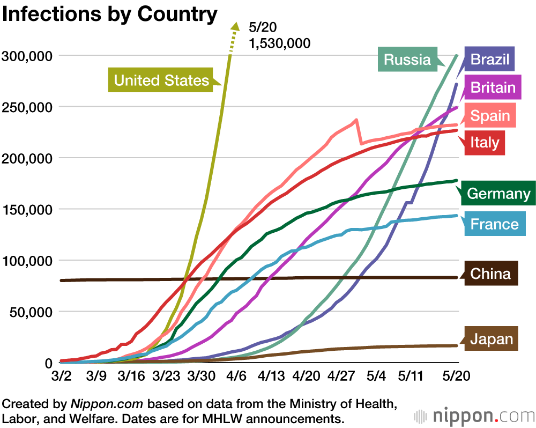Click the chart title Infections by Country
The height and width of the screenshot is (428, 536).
110,14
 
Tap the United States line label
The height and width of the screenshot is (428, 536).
161,80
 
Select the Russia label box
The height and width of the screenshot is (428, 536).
407,59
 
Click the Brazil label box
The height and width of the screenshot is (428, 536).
490,58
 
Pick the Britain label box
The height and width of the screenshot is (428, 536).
493,87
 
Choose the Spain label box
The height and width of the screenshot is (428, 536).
490,116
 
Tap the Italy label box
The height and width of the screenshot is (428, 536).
485,143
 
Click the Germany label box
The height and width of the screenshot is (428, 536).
498,193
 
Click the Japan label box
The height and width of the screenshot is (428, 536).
492,339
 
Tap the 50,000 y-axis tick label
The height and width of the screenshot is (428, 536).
30,312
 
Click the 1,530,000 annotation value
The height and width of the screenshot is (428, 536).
280,43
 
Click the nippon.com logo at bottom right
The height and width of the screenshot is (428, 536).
474,416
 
